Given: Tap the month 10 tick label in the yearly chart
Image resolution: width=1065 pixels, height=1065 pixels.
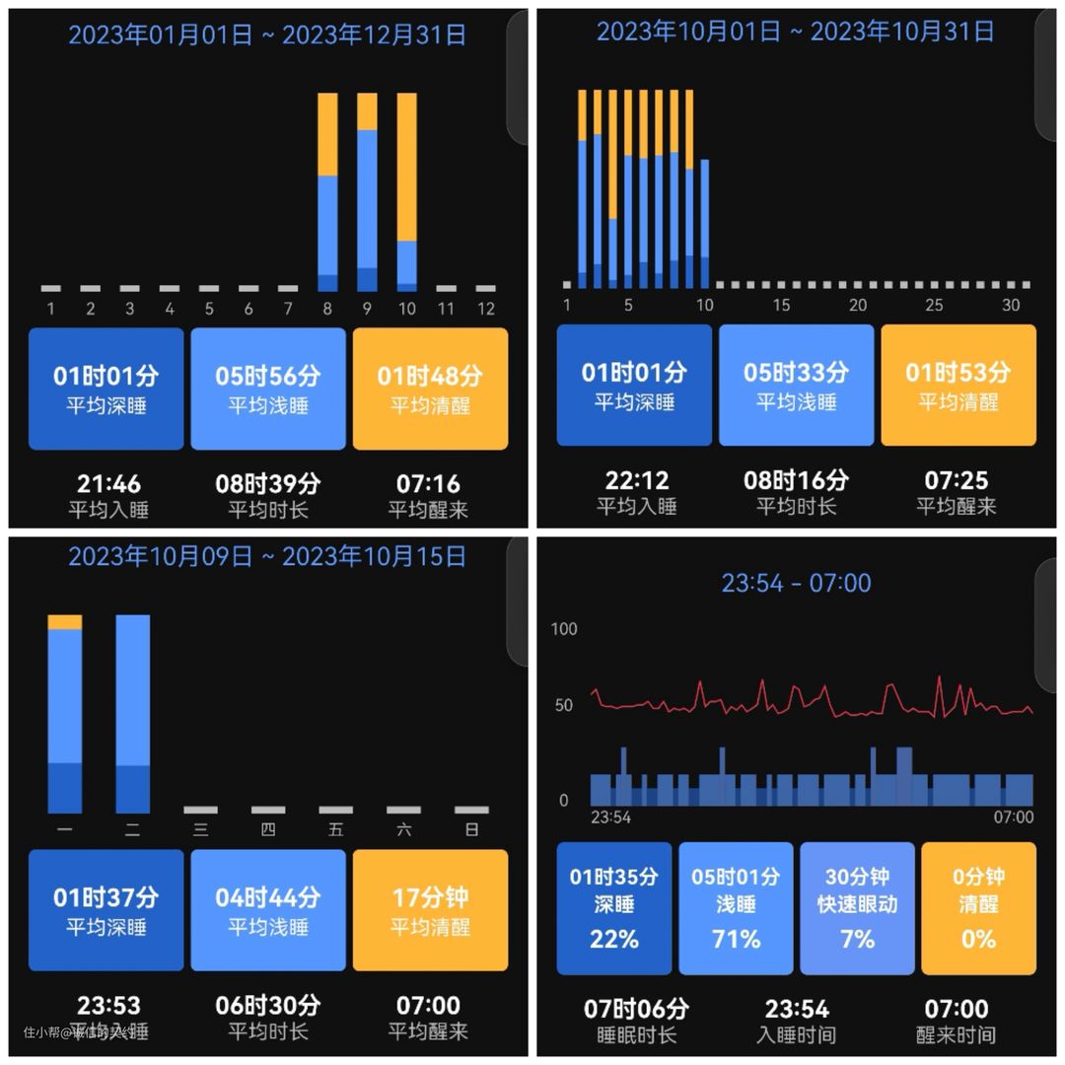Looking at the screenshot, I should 406,309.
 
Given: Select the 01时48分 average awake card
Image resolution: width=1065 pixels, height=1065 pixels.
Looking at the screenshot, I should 430,389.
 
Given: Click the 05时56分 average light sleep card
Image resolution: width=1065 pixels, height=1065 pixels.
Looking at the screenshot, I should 268,389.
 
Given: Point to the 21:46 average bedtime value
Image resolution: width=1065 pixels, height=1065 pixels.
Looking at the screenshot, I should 108,484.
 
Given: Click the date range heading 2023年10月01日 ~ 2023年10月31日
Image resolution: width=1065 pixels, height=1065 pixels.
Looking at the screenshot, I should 795,32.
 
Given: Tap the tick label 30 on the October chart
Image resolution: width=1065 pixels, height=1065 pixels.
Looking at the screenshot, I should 1011,306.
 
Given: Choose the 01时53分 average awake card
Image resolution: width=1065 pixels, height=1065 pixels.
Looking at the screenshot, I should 958,386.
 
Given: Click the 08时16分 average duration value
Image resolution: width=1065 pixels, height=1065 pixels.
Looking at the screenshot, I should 796,481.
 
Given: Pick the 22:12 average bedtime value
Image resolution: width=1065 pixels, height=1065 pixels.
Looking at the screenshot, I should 637,481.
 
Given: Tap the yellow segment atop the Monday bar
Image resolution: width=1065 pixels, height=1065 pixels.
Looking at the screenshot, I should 65,622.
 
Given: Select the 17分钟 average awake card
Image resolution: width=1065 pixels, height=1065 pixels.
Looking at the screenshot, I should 430,910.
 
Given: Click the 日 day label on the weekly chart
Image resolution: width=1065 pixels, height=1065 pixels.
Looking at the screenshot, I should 471,830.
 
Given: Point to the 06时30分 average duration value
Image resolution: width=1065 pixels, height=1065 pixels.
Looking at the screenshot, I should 268,1006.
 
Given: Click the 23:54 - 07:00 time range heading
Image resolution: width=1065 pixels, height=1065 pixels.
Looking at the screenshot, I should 796,583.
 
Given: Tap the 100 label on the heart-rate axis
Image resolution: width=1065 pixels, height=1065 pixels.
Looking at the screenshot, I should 564,629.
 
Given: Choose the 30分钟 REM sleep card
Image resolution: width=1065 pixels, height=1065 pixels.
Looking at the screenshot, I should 857,908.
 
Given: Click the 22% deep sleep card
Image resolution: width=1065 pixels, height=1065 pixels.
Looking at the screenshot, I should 614,908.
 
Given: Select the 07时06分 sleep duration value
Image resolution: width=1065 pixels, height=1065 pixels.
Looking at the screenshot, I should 637,1010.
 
